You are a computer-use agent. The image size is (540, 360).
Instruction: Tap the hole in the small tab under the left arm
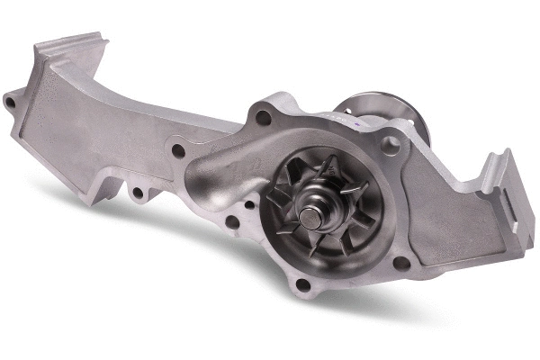pos(137,192)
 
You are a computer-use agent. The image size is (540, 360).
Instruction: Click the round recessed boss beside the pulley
pos(391,142)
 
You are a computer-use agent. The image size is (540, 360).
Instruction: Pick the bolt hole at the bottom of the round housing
pos(303,285)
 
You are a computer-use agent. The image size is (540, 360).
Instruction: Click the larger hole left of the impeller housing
pos(232,221)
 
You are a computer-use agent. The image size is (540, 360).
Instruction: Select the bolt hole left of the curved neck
pos(178,151)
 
